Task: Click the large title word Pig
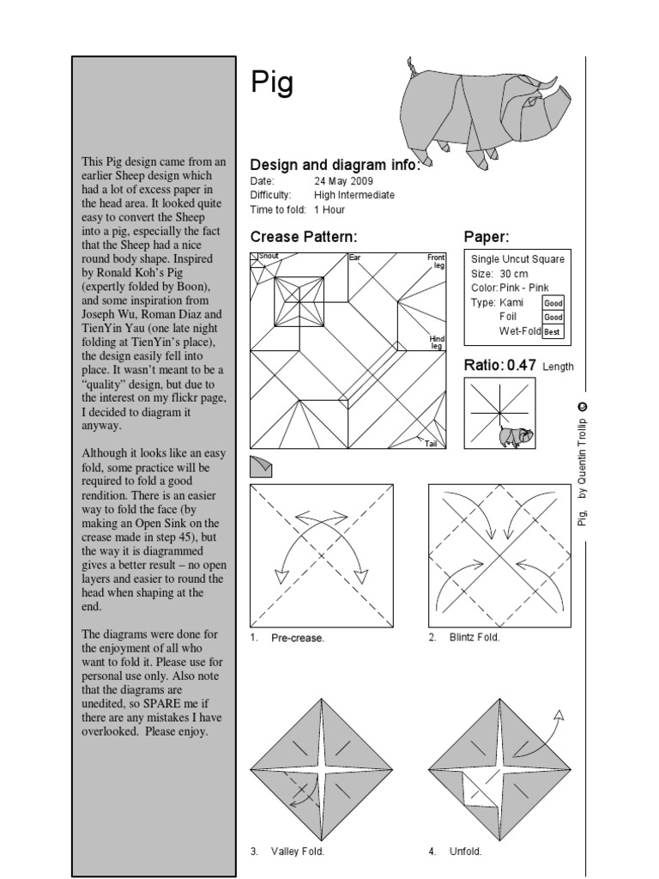point(272,83)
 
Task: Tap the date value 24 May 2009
point(344,181)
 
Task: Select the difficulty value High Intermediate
point(354,195)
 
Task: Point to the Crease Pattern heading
point(303,237)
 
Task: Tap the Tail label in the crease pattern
point(432,443)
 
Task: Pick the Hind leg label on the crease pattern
point(437,343)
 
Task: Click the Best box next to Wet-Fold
point(552,332)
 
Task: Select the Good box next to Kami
point(552,303)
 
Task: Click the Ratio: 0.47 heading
point(500,365)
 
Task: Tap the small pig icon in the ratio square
point(515,436)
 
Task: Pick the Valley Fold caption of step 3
point(297,852)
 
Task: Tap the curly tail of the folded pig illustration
point(411,65)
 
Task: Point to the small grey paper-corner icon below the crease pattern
point(262,466)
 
